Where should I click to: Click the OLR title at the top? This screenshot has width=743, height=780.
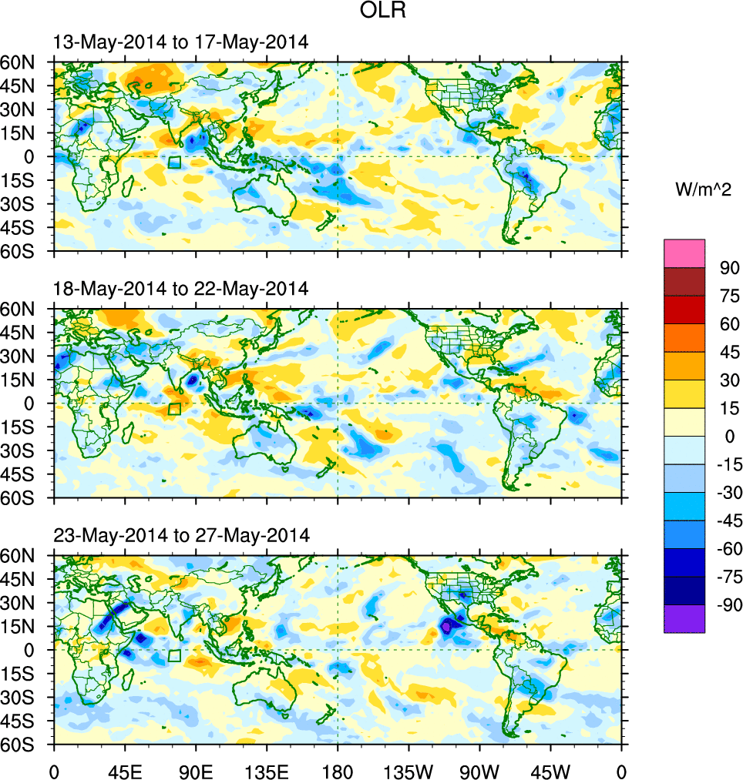coord(383,11)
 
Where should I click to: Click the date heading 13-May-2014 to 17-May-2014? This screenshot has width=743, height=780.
coord(181,43)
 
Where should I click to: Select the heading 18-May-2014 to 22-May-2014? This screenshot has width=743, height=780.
coord(181,289)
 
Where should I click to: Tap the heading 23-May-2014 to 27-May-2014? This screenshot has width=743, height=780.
coord(181,535)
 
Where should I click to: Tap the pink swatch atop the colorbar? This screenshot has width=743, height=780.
coord(684,253)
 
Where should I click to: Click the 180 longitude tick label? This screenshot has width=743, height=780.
coord(338,771)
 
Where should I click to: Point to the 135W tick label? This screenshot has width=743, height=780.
coord(408,771)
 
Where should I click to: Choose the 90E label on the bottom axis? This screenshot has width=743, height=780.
coord(196,771)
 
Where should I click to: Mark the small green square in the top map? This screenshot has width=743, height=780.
coord(174,162)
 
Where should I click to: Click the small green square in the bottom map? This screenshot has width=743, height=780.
coord(174,655)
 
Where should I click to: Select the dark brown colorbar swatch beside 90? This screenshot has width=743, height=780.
coord(684,281)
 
